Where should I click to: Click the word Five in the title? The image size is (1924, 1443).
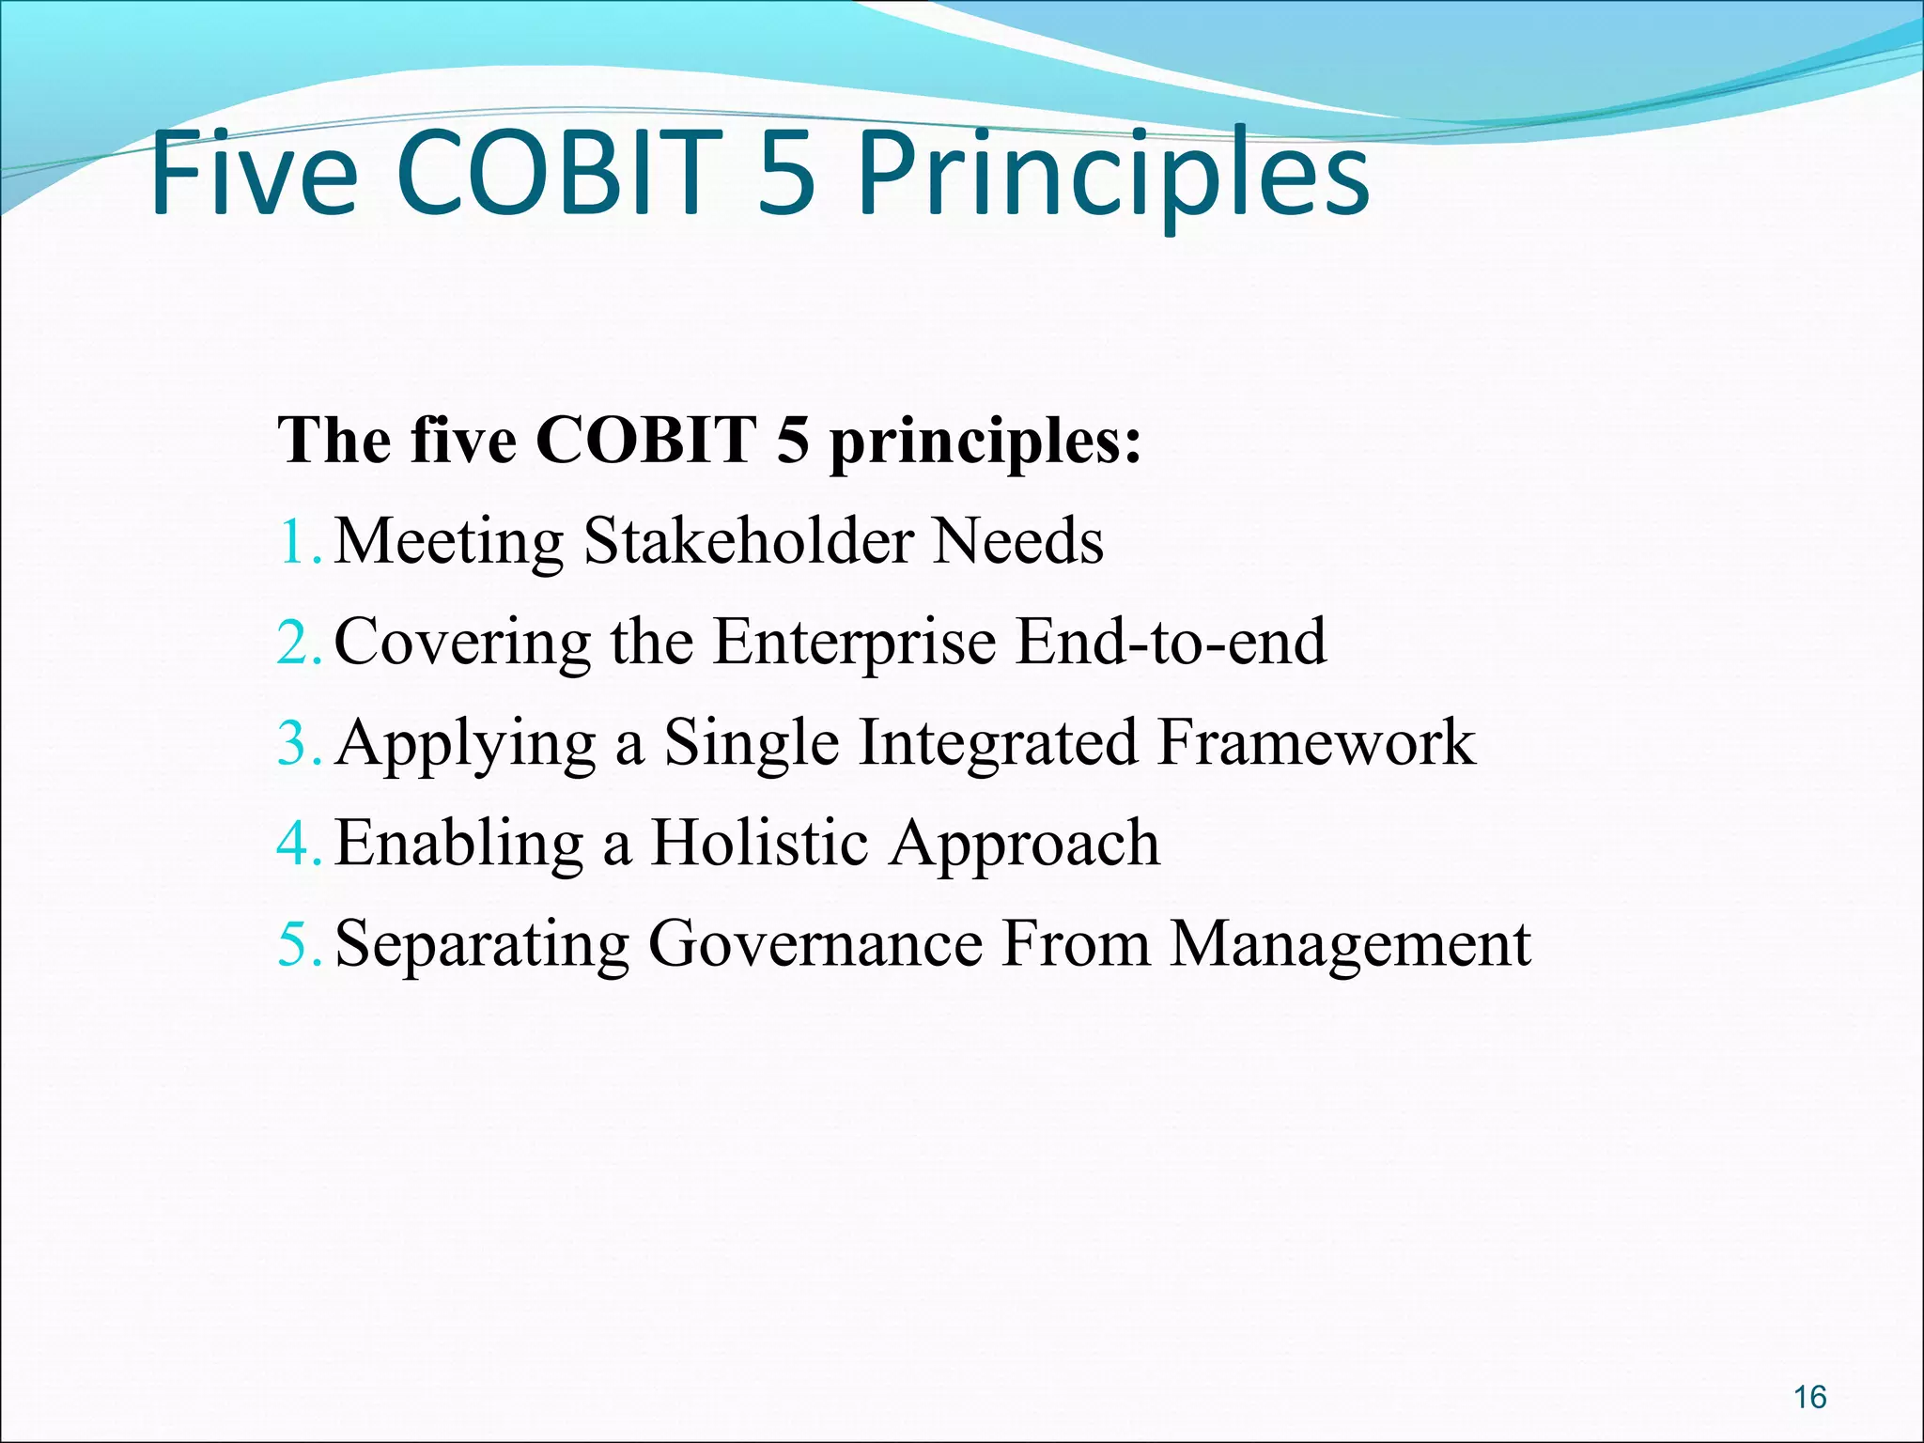254,174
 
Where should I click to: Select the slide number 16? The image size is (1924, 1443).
1809,1397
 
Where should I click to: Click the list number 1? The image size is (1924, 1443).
299,542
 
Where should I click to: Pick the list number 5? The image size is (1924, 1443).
299,944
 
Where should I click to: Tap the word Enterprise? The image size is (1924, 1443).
854,644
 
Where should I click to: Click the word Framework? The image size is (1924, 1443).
1316,742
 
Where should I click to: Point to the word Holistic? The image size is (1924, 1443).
759,843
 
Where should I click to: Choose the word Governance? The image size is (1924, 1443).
815,943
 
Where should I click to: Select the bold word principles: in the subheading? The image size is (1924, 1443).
985,442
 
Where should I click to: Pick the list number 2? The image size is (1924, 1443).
299,643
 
